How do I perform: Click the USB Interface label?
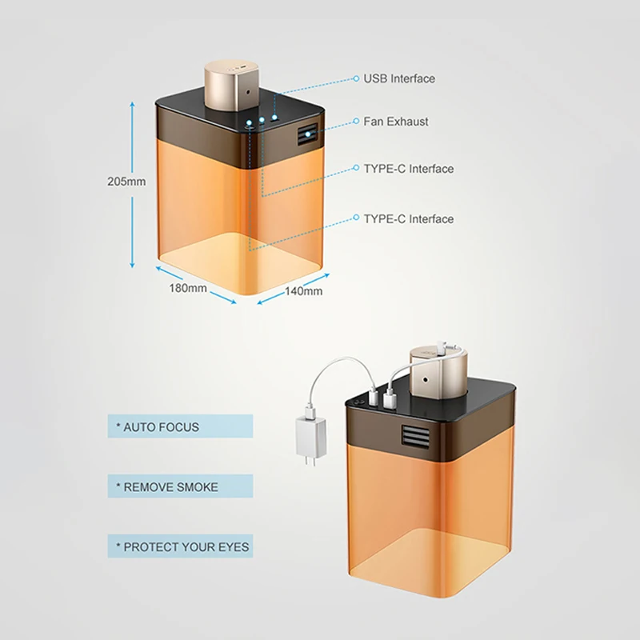(399, 78)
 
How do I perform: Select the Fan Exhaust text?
(396, 122)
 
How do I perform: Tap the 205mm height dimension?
(126, 181)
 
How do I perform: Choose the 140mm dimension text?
(304, 291)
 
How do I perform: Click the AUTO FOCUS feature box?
(179, 426)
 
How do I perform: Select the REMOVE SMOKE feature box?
(179, 486)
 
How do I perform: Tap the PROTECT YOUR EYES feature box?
(179, 547)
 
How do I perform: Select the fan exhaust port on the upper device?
(307, 136)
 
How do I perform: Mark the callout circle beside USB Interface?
(356, 79)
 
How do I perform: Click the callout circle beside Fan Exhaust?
(356, 122)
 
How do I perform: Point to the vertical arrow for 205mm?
(132, 184)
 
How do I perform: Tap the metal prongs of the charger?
(308, 465)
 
